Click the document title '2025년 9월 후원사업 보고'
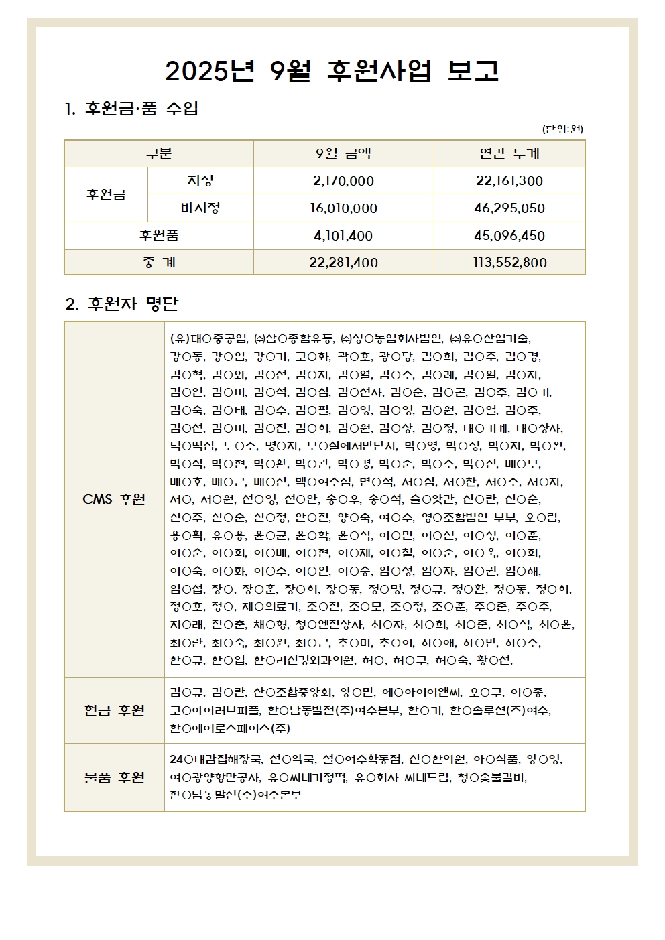[x=332, y=71]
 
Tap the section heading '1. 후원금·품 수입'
[x=131, y=109]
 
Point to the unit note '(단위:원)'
[x=562, y=129]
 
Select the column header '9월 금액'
[x=343, y=154]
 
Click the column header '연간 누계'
[x=509, y=154]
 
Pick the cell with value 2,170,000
[x=343, y=181]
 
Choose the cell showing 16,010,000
[x=343, y=208]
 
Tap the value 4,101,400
[x=343, y=236]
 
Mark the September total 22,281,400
[x=343, y=263]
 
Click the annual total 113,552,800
[x=509, y=263]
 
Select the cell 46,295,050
[x=509, y=208]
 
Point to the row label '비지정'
[x=200, y=208]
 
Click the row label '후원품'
[x=159, y=236]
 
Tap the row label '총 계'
[x=159, y=263]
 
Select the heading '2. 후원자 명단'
[x=122, y=304]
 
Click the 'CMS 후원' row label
[x=114, y=499]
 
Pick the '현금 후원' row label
[x=114, y=710]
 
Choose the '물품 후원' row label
[x=114, y=777]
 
